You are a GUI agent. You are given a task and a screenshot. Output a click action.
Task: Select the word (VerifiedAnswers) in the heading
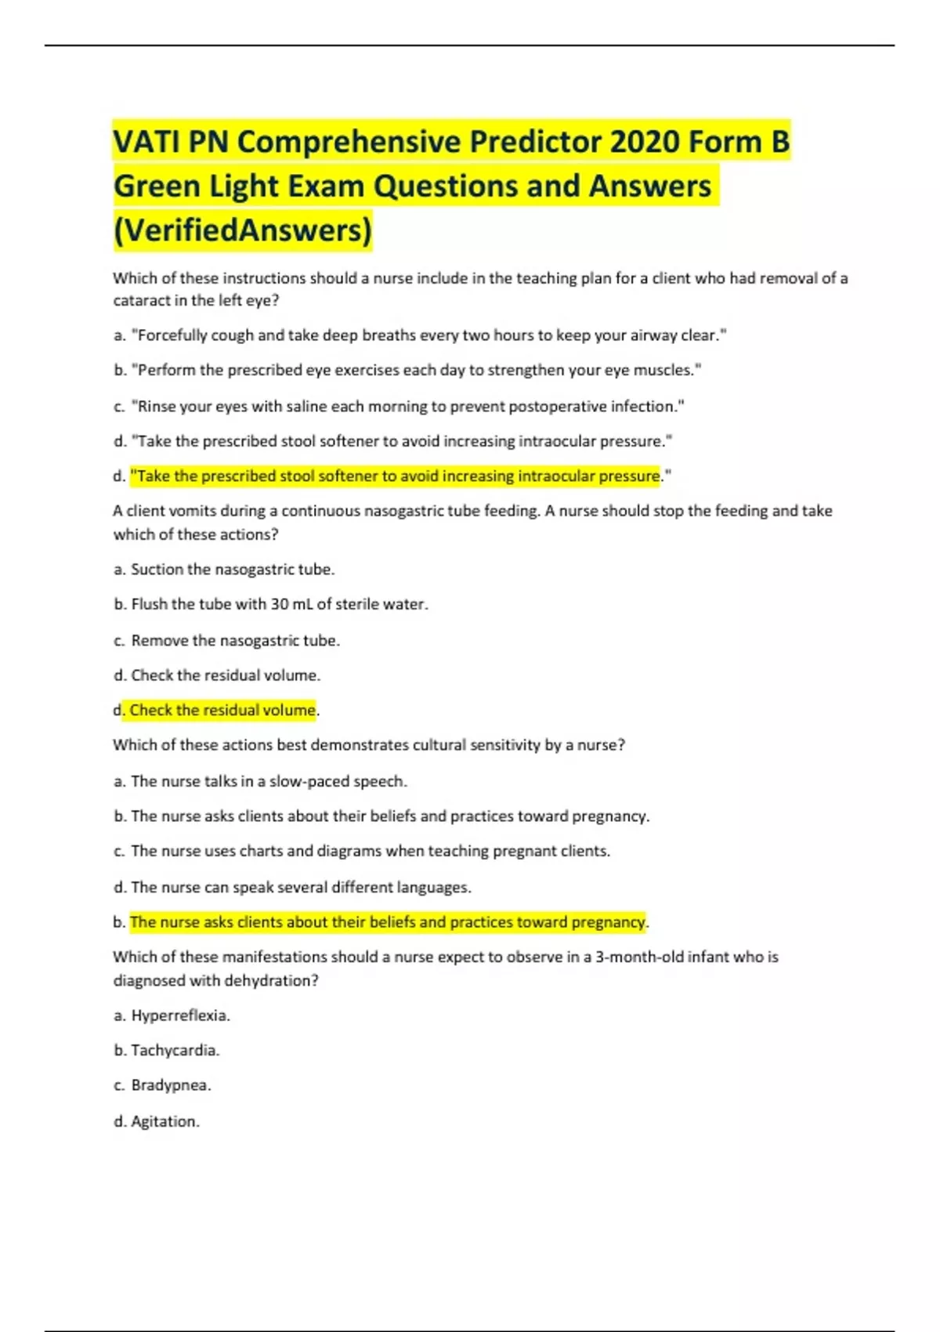tap(243, 230)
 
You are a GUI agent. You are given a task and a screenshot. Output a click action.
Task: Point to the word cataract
tap(137, 300)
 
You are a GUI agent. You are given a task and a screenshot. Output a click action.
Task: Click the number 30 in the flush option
tap(279, 604)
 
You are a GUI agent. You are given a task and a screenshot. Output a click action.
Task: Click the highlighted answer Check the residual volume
tap(222, 710)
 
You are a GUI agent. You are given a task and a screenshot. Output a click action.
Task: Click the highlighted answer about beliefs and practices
tap(388, 922)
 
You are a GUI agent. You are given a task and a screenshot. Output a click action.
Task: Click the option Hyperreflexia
tap(180, 1015)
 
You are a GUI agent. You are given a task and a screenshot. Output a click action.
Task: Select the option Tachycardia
tap(175, 1050)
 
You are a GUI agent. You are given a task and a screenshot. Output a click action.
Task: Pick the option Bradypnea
tap(171, 1085)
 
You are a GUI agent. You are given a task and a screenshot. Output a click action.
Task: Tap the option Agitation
tap(164, 1121)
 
